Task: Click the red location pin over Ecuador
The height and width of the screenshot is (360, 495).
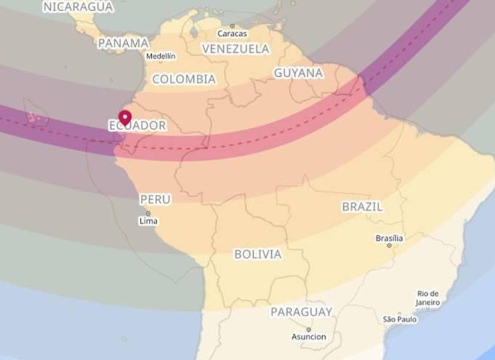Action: [125, 116]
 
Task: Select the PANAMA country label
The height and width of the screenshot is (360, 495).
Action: [123, 43]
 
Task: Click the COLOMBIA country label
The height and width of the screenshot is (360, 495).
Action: [184, 79]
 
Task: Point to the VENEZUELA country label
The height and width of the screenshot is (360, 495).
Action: [236, 49]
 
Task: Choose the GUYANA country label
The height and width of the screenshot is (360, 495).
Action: [298, 73]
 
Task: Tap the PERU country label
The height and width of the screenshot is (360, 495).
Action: [155, 199]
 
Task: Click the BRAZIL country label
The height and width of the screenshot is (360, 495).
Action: [362, 206]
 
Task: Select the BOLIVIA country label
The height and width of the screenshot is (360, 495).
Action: [257, 254]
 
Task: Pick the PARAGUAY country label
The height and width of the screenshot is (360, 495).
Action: [301, 312]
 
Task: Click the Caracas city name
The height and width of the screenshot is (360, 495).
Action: [232, 34]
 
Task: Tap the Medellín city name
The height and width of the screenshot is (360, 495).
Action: [161, 56]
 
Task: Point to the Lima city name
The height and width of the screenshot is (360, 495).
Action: [148, 221]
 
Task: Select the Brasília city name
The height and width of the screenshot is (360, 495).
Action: [389, 238]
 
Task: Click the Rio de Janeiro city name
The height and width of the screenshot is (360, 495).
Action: [428, 298]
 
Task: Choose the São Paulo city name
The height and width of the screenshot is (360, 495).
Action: [400, 319]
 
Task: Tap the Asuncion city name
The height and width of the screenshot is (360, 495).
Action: [308, 337]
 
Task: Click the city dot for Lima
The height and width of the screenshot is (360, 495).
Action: [148, 213]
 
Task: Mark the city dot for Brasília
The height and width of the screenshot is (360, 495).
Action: [389, 245]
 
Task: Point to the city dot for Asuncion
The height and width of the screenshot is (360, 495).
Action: [308, 329]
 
